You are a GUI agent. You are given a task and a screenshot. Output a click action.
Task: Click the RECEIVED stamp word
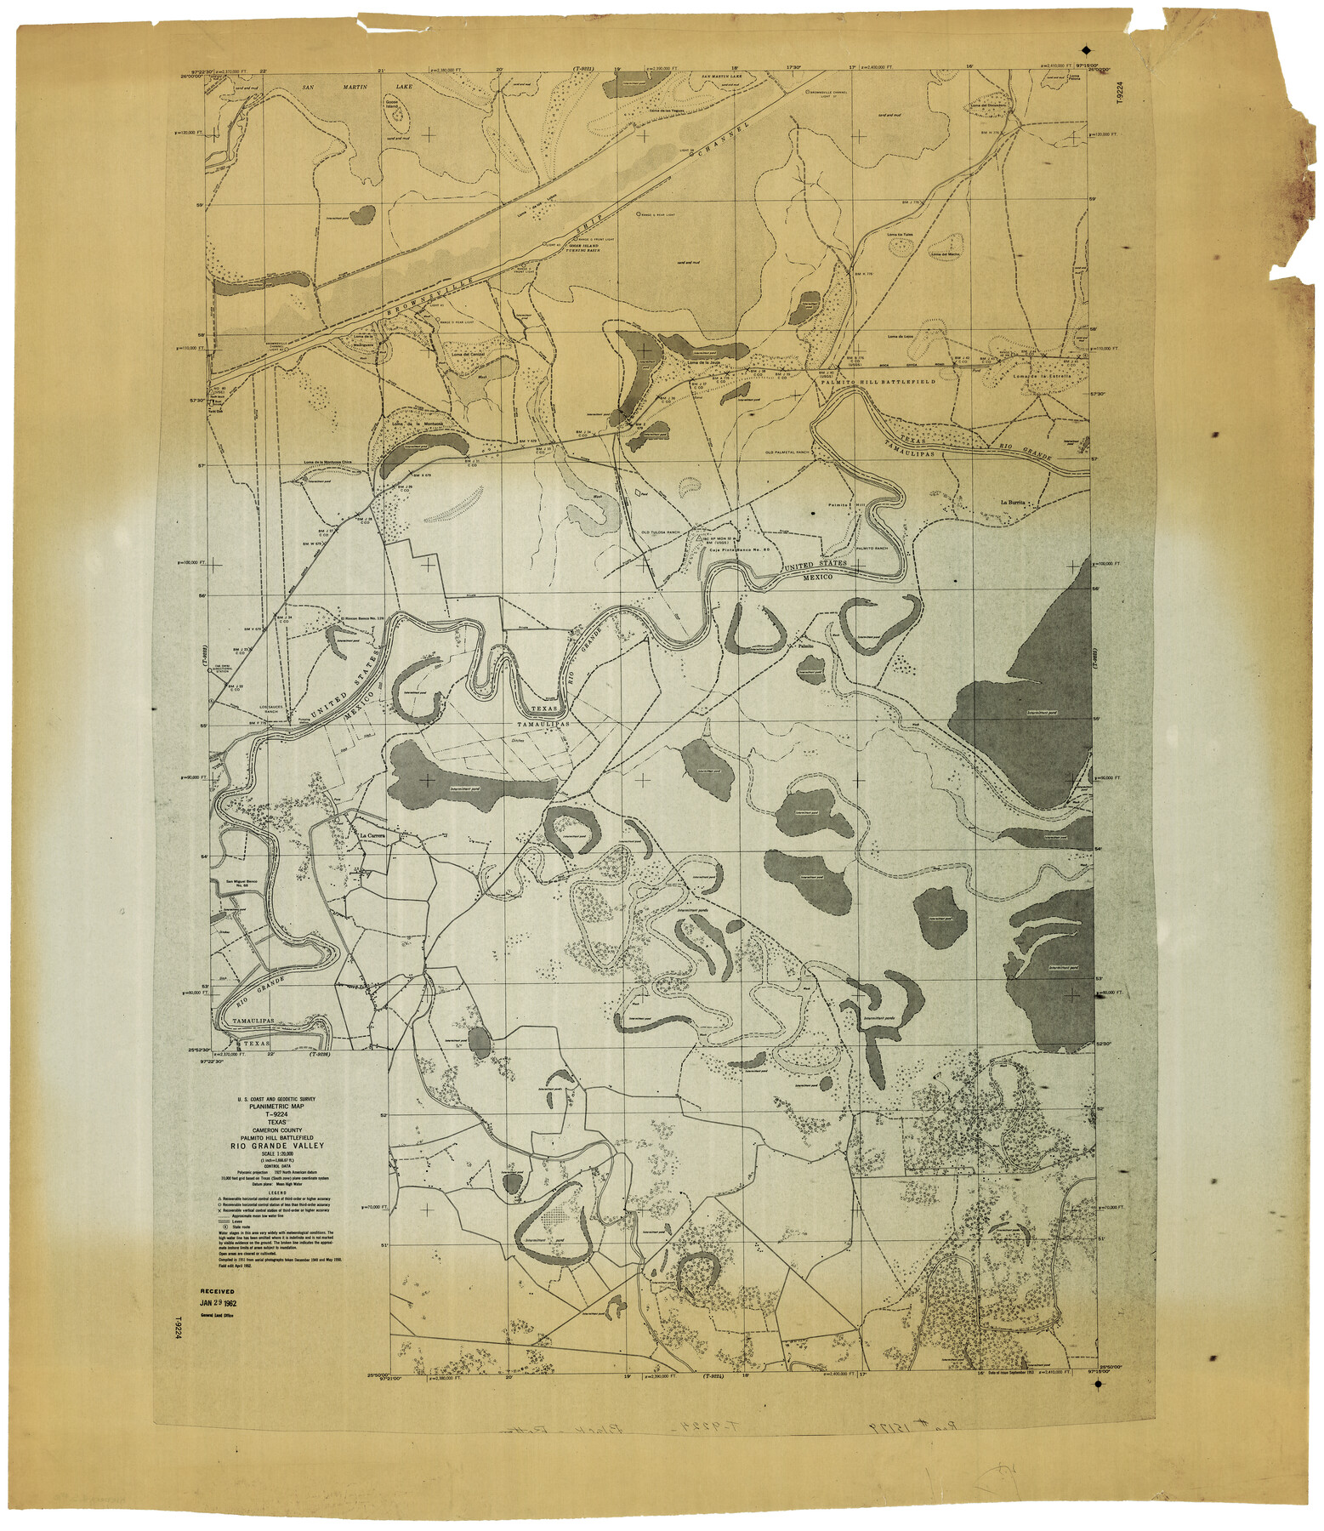(x=217, y=1290)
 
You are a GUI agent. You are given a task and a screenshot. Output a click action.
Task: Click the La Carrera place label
(x=372, y=837)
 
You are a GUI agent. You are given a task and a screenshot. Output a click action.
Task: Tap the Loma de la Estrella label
(x=1034, y=376)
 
